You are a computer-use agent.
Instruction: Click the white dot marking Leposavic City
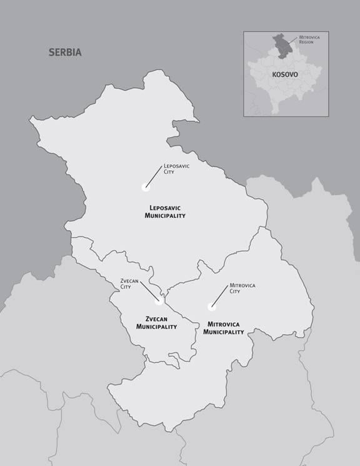[146, 186]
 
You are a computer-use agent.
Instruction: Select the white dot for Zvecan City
[159, 301]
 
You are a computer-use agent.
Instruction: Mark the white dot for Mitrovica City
[211, 306]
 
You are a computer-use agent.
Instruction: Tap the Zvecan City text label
[129, 283]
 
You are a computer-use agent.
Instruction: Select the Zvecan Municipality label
[157, 322]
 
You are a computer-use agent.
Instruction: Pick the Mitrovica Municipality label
[224, 328]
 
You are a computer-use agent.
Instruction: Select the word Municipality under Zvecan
[157, 327]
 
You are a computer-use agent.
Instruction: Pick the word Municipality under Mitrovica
[224, 333]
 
